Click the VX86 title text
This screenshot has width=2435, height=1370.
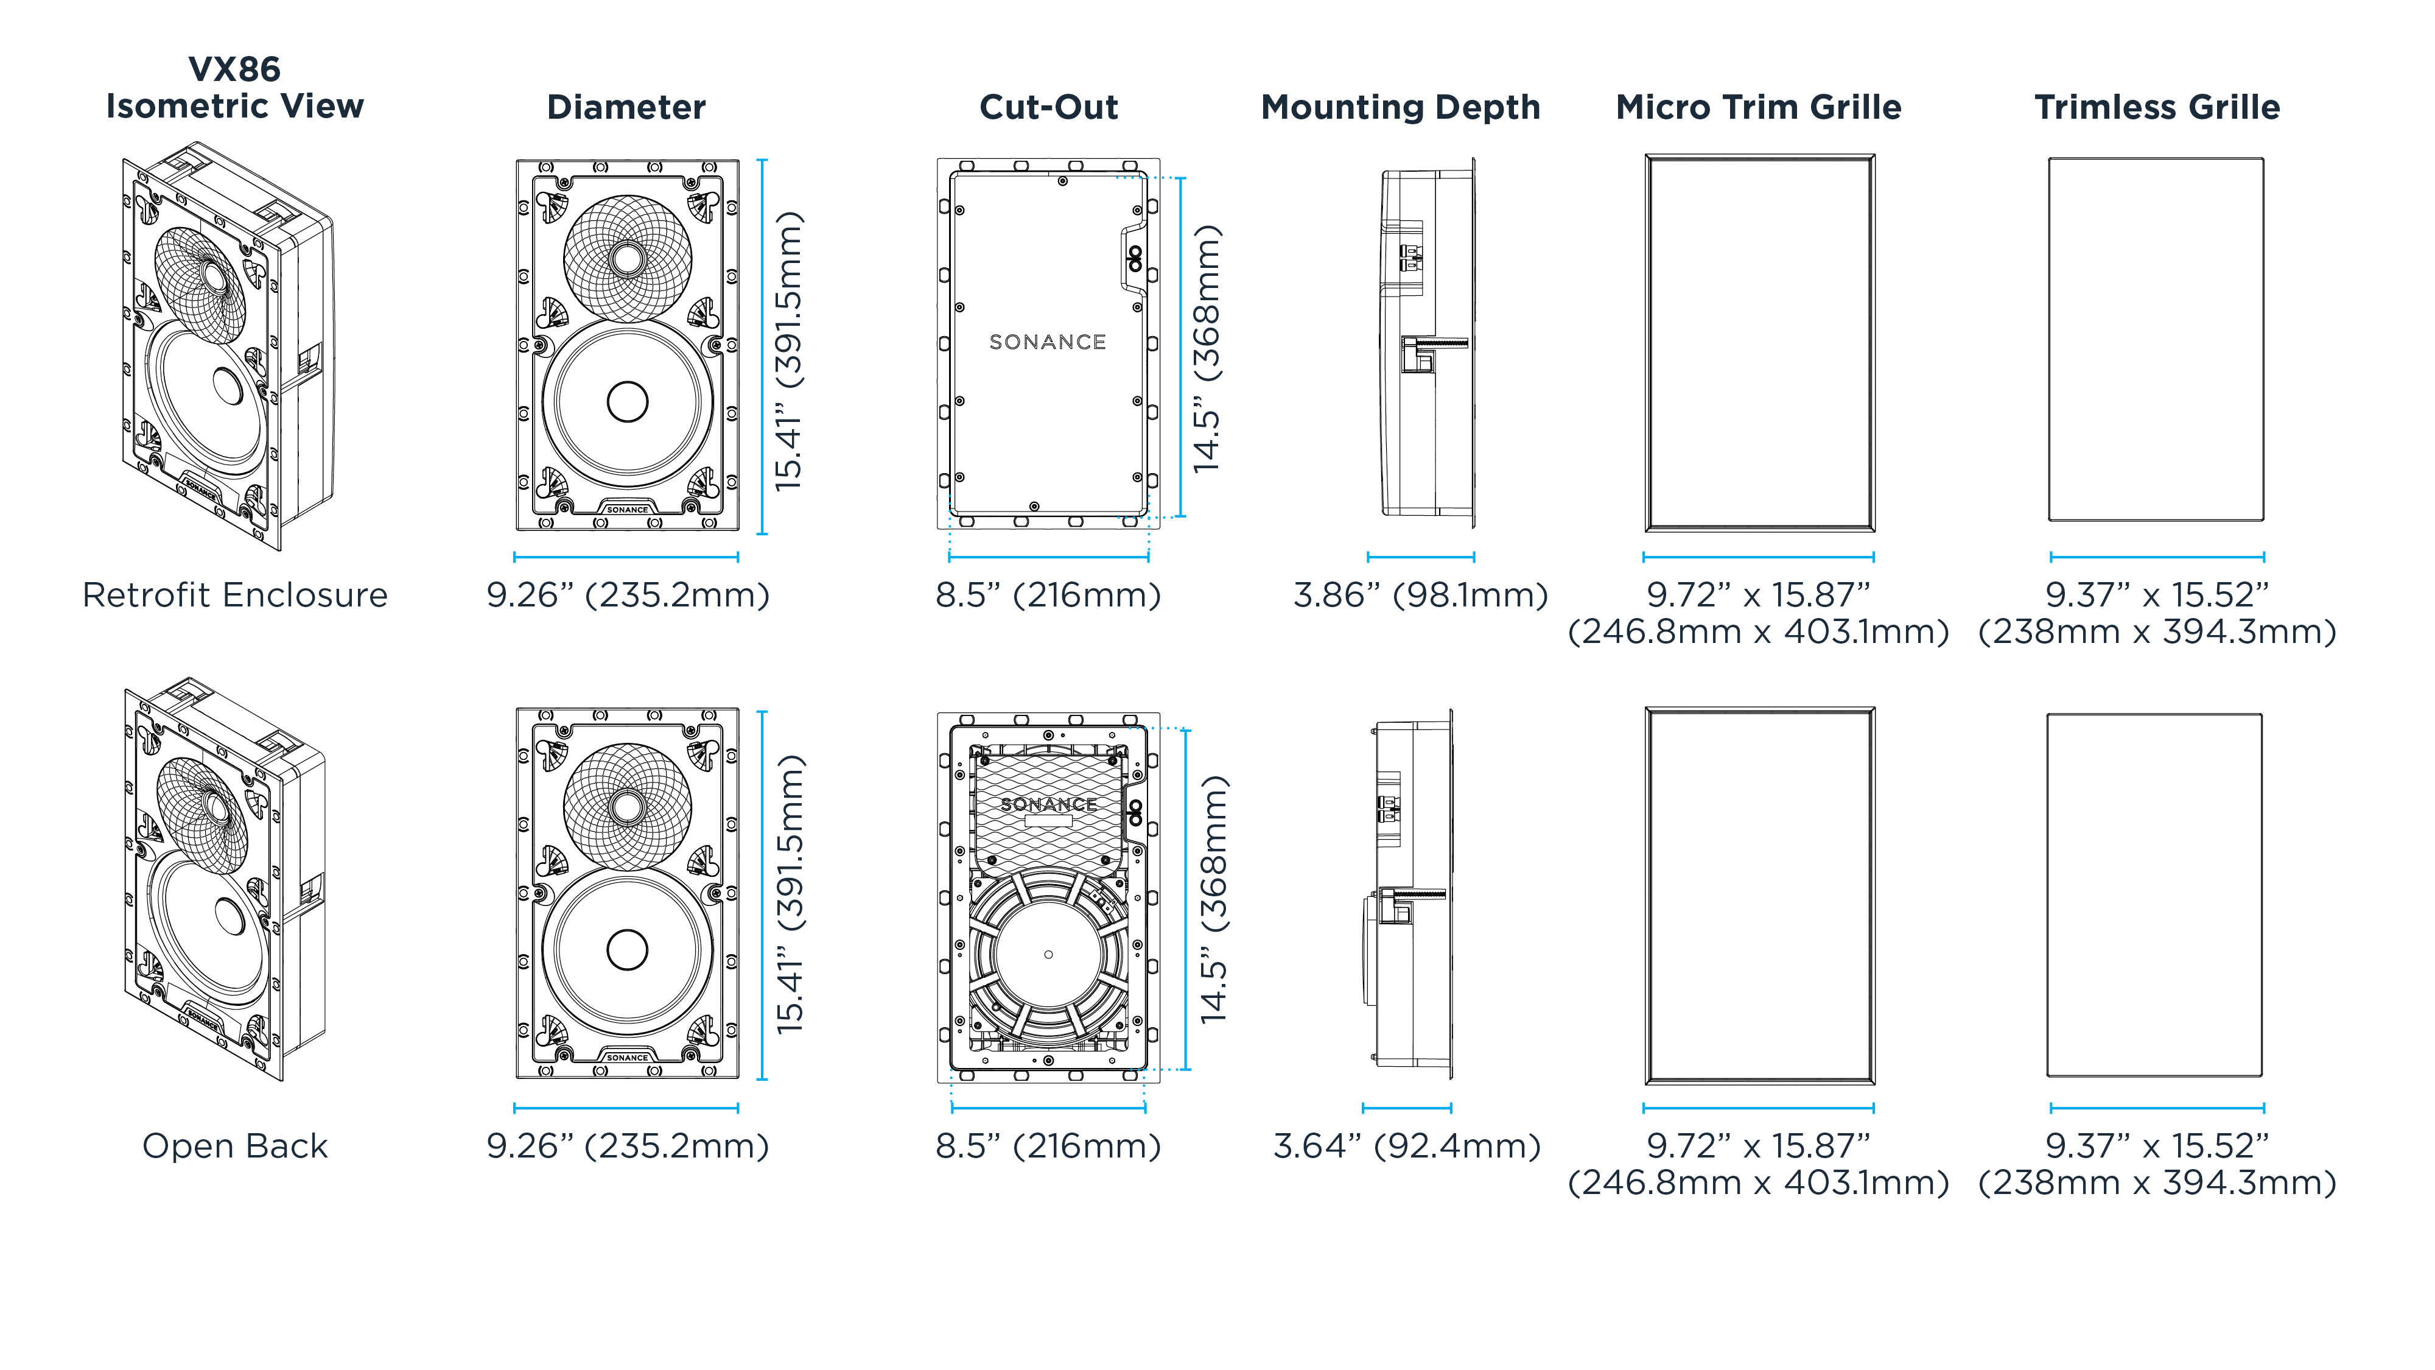[234, 69]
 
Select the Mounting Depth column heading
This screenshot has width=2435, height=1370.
[1400, 107]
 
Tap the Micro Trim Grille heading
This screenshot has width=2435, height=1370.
[1758, 107]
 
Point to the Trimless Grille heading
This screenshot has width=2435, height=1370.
[2156, 107]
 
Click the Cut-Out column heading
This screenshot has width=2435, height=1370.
[1048, 107]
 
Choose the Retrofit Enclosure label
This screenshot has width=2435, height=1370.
[234, 595]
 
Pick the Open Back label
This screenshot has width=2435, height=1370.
[234, 1146]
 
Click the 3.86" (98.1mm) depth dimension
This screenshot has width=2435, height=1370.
[1420, 595]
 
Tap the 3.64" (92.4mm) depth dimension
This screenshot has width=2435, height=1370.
[1407, 1146]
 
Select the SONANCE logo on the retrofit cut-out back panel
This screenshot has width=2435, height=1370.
[1047, 342]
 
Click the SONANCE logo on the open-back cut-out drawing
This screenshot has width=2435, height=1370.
[1048, 804]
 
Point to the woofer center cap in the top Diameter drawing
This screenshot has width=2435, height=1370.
[627, 401]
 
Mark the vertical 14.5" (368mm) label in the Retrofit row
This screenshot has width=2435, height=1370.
[1207, 348]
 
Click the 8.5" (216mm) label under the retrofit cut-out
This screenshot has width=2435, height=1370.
[1047, 595]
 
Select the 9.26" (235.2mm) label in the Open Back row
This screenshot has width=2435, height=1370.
[628, 1146]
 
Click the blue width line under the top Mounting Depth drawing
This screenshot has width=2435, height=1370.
[1420, 557]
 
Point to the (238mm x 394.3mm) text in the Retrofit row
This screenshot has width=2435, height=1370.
[2156, 631]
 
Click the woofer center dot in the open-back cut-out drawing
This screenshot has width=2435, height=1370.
[1047, 955]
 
